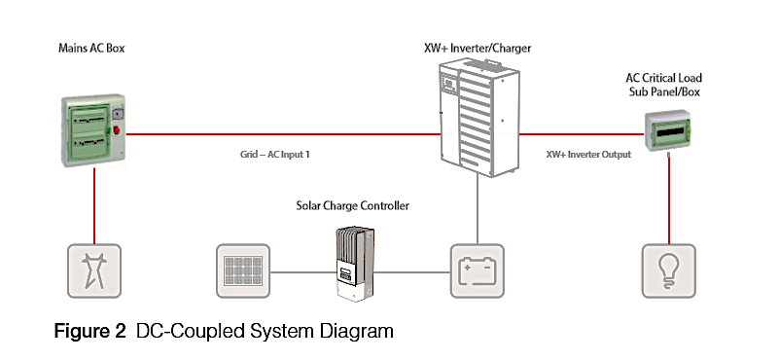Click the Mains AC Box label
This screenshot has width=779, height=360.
coord(91,49)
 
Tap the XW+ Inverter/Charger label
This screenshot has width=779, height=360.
coord(478,49)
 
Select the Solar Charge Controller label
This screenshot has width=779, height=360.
coord(353,205)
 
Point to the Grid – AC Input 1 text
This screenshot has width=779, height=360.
coord(274,154)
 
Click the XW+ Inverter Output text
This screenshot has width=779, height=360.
coord(588,154)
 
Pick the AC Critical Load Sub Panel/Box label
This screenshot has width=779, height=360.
coord(663,85)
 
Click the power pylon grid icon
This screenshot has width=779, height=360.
coord(94,271)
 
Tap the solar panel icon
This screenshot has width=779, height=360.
coord(243,271)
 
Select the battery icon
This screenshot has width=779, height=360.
coord(477,271)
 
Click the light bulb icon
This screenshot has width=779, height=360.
coord(669,271)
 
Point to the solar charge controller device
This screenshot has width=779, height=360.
coord(354,264)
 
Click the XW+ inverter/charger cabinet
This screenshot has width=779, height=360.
coord(478,119)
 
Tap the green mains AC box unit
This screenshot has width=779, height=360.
coord(93,129)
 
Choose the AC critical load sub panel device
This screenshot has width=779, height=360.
coord(668,130)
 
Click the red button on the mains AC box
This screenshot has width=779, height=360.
coord(118,130)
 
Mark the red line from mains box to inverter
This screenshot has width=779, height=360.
coord(283,133)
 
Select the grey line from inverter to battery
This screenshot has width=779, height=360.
coord(478,210)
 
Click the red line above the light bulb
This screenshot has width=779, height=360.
coord(669,200)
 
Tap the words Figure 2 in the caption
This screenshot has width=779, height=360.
coord(89,331)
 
